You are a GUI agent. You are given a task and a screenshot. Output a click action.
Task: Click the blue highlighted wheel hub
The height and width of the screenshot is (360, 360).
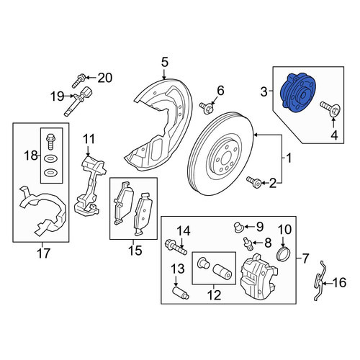(x=297, y=93)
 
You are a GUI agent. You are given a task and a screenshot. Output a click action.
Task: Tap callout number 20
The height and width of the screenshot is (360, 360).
(x=105, y=78)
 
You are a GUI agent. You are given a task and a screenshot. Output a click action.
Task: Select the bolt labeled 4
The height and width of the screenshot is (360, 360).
(x=330, y=109)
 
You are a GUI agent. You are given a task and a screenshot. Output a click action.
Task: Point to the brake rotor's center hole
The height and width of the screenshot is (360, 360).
(x=226, y=159)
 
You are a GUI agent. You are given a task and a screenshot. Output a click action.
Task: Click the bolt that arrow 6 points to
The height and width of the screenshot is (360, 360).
(x=207, y=108)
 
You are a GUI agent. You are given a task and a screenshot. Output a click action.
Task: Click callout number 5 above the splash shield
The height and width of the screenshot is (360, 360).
(x=165, y=62)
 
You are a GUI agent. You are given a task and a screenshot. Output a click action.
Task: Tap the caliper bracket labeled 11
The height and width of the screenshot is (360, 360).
(x=90, y=185)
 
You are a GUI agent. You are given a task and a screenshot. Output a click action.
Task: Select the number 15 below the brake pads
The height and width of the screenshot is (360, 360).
(x=135, y=251)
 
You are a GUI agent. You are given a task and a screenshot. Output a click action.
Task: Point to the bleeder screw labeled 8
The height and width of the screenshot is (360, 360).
(x=247, y=244)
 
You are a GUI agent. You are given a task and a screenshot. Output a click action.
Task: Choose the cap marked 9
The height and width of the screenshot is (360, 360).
(x=238, y=228)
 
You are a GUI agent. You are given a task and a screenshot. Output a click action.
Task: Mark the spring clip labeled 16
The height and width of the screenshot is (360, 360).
(x=319, y=281)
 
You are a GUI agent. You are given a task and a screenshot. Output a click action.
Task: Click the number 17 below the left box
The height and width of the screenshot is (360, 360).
(x=43, y=253)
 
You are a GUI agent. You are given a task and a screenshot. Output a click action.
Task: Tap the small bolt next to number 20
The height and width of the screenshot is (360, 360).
(x=79, y=81)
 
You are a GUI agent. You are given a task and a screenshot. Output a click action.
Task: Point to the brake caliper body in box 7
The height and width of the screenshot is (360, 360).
(x=259, y=276)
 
